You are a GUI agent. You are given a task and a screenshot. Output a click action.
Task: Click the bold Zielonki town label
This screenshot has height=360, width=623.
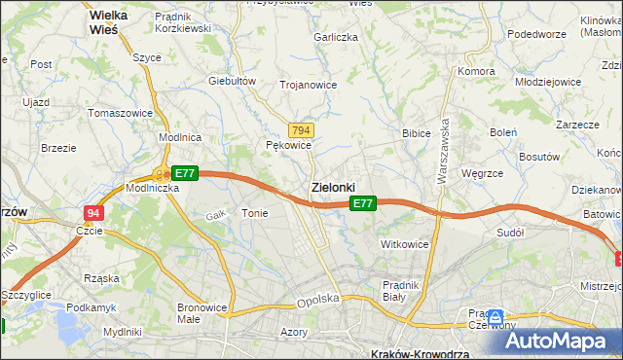332,187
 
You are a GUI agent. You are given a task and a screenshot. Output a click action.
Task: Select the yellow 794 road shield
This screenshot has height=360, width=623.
301,130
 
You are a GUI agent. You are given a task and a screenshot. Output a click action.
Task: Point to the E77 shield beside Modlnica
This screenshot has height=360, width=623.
185,173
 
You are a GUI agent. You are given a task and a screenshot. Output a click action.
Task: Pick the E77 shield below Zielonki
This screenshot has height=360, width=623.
362,203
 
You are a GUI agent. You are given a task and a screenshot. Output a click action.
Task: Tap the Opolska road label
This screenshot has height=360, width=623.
317,301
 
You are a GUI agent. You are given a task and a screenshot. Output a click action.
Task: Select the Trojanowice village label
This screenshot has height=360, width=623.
308,85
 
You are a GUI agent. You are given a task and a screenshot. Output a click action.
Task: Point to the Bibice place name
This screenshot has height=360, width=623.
417,132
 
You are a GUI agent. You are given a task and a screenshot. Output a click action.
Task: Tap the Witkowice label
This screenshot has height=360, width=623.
404,244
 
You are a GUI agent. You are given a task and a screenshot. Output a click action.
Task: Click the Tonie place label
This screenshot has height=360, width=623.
254,213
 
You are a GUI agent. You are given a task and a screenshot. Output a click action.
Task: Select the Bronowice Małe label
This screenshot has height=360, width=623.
202,313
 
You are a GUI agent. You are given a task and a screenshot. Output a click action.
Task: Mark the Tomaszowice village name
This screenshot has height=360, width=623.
120,113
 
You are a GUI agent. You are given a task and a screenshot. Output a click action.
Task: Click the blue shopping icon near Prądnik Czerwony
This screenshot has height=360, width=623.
495,317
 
